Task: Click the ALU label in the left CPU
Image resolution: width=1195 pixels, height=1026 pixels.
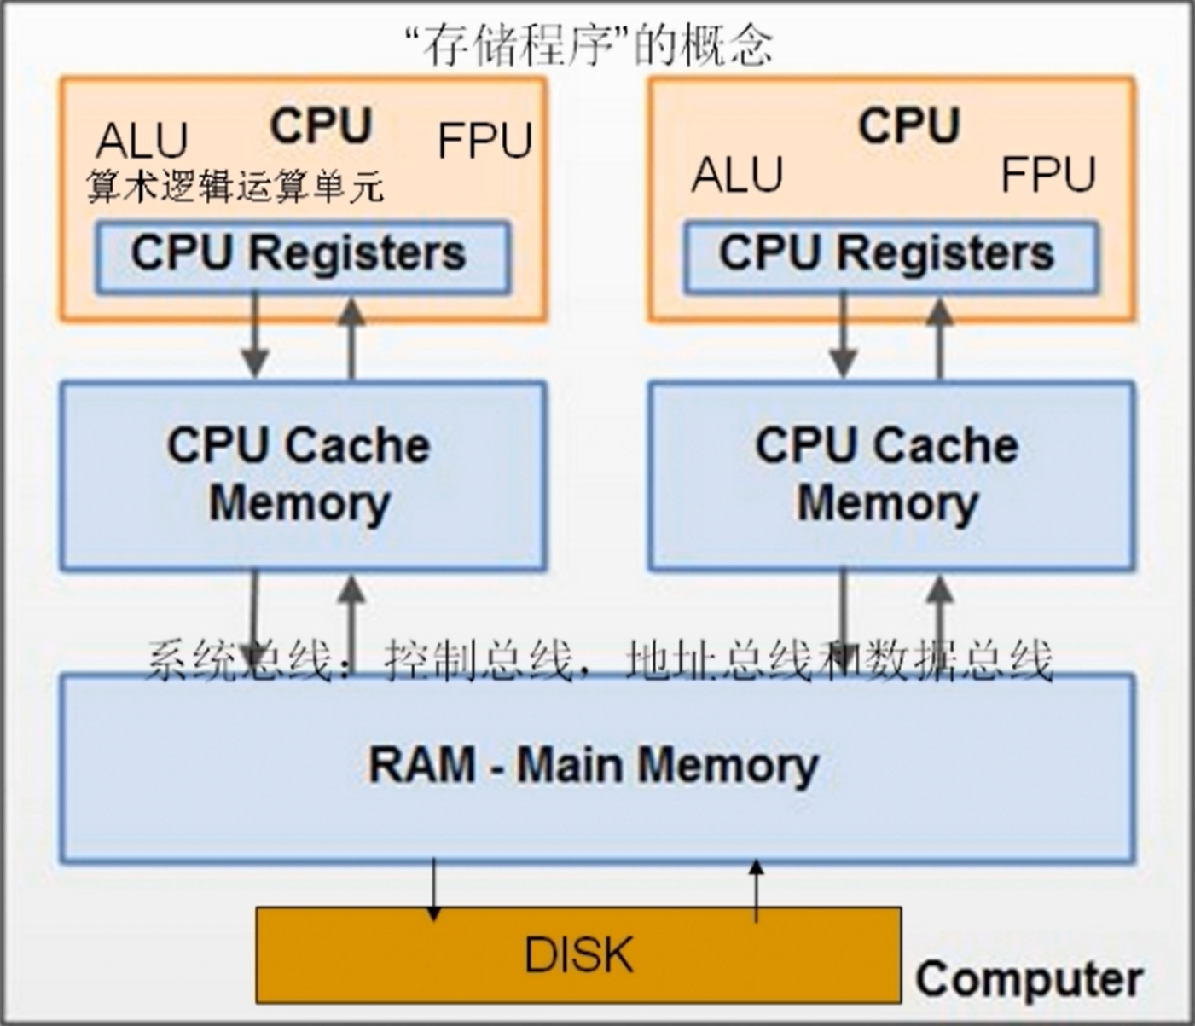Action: (142, 141)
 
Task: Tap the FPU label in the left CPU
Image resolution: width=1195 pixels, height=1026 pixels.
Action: (484, 141)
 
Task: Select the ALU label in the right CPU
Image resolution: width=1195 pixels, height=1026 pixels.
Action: (737, 175)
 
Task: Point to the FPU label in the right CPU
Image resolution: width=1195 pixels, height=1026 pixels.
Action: (1047, 175)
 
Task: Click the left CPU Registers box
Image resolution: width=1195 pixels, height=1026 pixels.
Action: (302, 257)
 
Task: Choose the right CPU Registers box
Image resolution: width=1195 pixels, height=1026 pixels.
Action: (890, 257)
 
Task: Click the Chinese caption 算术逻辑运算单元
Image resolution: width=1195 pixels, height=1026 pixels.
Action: (235, 187)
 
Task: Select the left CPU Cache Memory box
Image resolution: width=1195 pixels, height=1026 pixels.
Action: (302, 475)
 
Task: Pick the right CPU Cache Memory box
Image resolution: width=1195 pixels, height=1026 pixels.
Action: (890, 475)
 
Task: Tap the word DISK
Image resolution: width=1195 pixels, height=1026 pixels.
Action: (578, 954)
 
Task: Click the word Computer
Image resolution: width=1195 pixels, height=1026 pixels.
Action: (1029, 979)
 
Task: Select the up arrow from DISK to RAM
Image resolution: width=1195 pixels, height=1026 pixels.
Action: (756, 890)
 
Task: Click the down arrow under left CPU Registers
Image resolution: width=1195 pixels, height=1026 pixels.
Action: (254, 336)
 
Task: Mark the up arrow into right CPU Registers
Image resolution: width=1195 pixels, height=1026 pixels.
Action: (939, 336)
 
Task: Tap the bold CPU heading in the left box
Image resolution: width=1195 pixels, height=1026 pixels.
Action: (321, 125)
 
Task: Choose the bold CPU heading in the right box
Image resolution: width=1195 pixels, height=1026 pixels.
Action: (909, 125)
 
